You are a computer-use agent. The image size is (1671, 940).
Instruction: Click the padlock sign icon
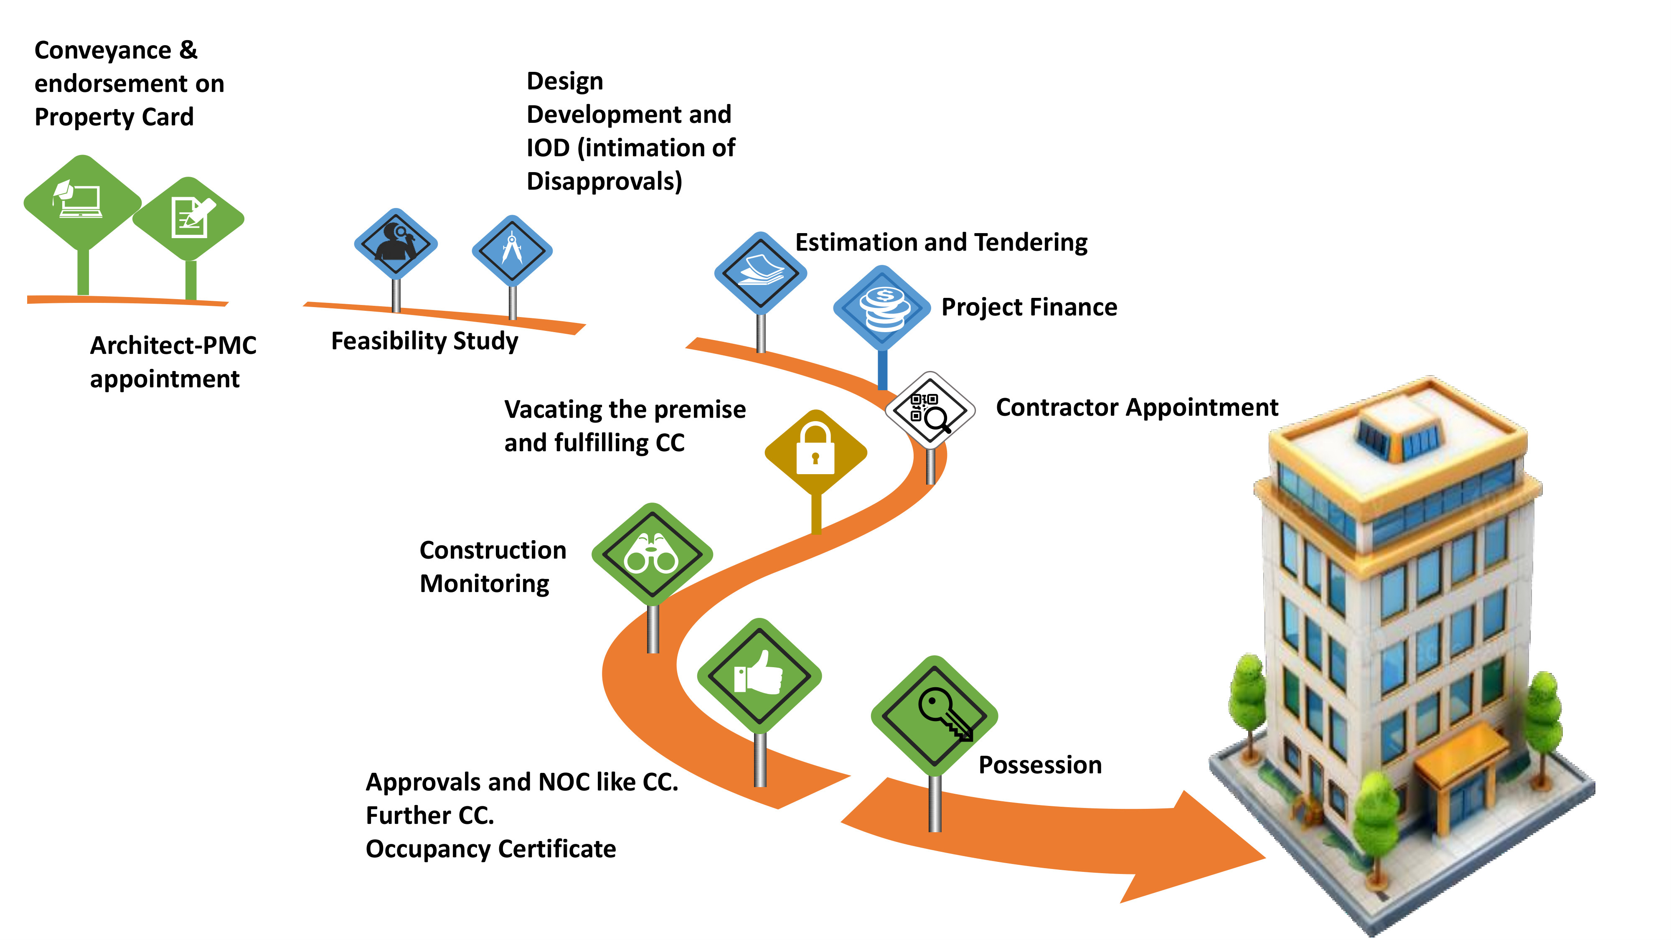tap(815, 452)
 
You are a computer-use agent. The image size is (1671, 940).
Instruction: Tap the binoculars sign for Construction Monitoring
tap(652, 555)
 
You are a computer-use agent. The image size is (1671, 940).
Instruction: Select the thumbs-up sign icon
tap(759, 675)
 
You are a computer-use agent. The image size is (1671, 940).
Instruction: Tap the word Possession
tap(1040, 765)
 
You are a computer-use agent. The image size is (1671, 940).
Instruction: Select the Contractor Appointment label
tap(1136, 407)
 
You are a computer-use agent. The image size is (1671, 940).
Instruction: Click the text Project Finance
tap(1029, 307)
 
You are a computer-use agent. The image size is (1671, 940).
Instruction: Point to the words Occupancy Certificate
tap(490, 849)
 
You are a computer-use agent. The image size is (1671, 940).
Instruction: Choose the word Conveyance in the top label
tap(102, 51)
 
